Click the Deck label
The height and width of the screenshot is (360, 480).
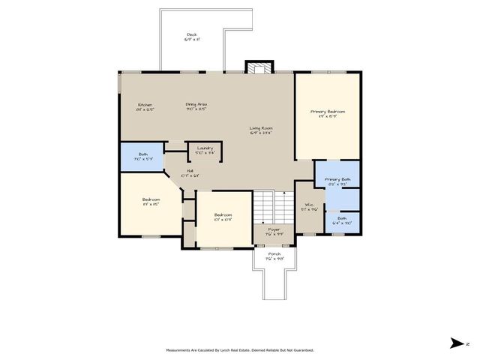click(192, 35)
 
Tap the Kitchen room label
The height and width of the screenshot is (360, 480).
click(145, 104)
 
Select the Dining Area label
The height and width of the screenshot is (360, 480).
click(196, 104)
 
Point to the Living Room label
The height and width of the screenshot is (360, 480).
click(261, 128)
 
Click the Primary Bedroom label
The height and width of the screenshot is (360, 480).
click(328, 112)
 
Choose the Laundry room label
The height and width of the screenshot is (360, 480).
click(205, 148)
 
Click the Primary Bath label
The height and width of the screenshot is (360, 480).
click(337, 179)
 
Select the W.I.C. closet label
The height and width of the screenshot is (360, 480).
click(308, 205)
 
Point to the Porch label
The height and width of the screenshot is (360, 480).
click(274, 255)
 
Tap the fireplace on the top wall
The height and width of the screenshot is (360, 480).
click(258, 68)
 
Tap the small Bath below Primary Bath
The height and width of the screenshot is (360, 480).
click(342, 220)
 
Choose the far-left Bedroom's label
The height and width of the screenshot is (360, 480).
click(151, 200)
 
